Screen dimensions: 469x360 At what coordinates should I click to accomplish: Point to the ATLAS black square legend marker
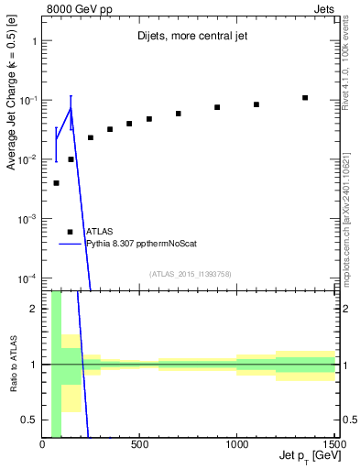click(70, 232)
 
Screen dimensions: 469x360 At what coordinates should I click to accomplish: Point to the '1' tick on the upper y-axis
click(34, 41)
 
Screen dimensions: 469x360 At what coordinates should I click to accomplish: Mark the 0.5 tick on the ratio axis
click(30, 420)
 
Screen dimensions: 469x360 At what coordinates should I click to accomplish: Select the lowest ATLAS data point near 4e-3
click(56, 183)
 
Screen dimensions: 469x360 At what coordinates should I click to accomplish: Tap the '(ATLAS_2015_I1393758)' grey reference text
click(190, 273)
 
